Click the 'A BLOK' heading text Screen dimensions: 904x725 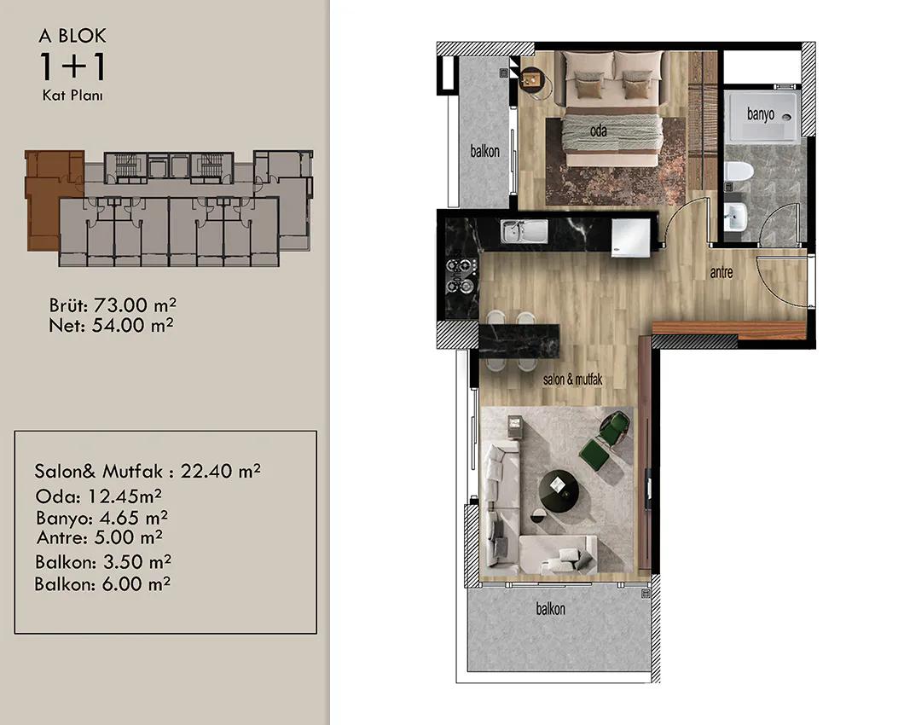72,36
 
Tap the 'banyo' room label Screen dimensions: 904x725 761,113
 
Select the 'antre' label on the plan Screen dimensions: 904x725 721,271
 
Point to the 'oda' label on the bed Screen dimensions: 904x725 599,131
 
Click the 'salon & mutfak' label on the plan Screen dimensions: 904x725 572,379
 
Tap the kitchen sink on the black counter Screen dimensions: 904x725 524,231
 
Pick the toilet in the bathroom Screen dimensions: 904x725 739,171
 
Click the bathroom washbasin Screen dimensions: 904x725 735,217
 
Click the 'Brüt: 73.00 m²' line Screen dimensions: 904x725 113,304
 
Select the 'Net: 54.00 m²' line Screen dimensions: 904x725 111,325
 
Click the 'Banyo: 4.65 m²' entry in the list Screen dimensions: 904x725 102,518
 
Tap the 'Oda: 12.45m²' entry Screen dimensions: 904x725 99,496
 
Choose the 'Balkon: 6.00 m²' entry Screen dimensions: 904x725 102,583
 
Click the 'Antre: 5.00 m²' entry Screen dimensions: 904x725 100,537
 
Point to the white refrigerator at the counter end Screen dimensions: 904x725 631,237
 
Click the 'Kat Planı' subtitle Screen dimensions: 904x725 72,96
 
